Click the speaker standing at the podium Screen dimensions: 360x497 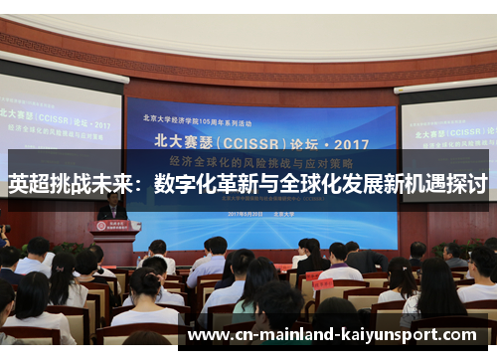tap(112, 208)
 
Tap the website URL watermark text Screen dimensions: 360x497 tap(337, 335)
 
